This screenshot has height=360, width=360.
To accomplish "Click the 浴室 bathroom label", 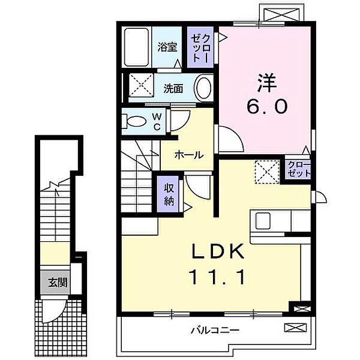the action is pyautogui.click(x=167, y=47).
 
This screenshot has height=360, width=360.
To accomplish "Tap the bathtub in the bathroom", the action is pyautogui.click(x=136, y=47).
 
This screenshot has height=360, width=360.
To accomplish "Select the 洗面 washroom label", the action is pyautogui.click(x=173, y=89).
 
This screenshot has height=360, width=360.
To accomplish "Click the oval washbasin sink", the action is pyautogui.click(x=203, y=88).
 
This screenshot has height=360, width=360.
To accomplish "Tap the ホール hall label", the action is pyautogui.click(x=189, y=155).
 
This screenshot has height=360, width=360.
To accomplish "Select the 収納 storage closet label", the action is pyautogui.click(x=169, y=195).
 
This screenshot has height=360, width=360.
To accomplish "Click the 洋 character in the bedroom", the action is pyautogui.click(x=266, y=82).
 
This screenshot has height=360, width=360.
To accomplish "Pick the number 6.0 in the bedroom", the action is pyautogui.click(x=267, y=107).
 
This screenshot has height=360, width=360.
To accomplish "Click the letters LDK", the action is pyautogui.click(x=217, y=251).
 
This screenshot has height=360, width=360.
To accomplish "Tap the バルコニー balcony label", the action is pyautogui.click(x=215, y=331).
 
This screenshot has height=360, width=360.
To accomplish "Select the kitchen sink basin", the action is pyautogui.click(x=263, y=221).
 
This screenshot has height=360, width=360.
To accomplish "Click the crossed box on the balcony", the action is pyautogui.click(x=295, y=328).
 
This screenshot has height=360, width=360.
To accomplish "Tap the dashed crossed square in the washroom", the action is pyautogui.click(x=141, y=85).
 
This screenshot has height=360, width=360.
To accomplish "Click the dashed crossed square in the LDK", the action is pyautogui.click(x=267, y=172).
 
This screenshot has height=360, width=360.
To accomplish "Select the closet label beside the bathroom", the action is pyautogui.click(x=200, y=48).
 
